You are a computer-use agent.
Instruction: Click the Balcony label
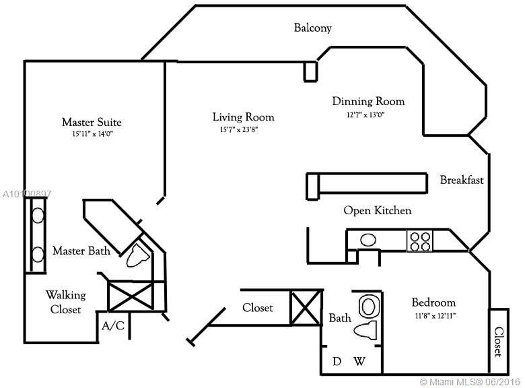pos(313,28)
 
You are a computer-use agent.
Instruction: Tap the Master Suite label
pos(92,122)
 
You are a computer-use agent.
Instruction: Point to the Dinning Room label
pos(368,102)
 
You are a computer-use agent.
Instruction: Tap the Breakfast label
pos(462,180)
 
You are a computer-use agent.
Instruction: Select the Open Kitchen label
pos(377,211)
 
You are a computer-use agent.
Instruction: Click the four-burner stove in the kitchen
pos(420,240)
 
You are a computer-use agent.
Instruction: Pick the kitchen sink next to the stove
pos(368,239)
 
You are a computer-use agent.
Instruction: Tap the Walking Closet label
pos(65,302)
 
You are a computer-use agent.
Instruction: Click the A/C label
pos(112,326)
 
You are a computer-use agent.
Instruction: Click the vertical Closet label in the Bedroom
pos(498,342)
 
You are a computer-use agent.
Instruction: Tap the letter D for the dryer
pos(337,362)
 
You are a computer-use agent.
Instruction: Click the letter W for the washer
pos(359,362)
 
